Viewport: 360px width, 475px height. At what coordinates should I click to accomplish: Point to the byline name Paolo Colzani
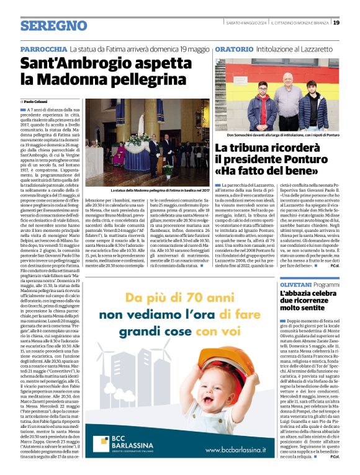click(x=35, y=101)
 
